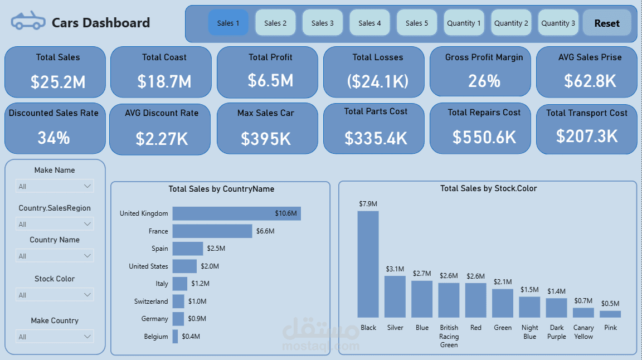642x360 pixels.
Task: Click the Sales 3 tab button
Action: [x=323, y=23]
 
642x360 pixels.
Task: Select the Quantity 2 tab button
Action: [x=511, y=23]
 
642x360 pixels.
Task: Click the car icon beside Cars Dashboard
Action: [x=28, y=22]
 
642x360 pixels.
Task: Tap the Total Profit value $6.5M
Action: [x=270, y=80]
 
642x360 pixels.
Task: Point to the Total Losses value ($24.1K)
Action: [x=377, y=81]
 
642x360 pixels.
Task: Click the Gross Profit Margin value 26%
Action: [x=484, y=81]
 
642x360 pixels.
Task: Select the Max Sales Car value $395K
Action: [x=266, y=138]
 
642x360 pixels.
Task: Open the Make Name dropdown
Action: [x=55, y=186]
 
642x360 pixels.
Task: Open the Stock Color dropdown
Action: [x=55, y=295]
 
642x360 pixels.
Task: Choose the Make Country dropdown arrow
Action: [x=87, y=337]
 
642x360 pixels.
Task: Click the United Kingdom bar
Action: [x=236, y=213]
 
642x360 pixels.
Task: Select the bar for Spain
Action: [x=187, y=249]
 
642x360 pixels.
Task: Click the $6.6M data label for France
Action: [x=265, y=231]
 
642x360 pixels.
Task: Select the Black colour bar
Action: [x=368, y=264]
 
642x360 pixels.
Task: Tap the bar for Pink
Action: [x=610, y=314]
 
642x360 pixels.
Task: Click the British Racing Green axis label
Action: [x=449, y=336]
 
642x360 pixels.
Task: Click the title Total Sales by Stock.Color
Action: [x=488, y=188]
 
